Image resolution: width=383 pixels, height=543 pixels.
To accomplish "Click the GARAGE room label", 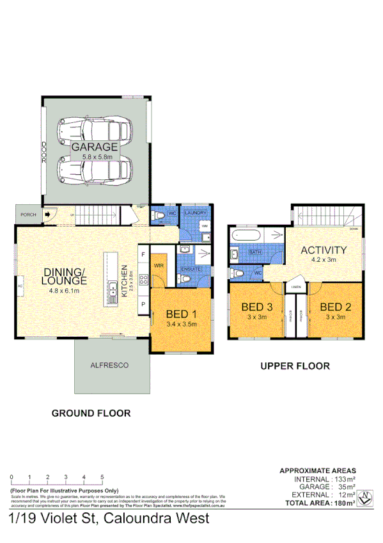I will [95, 147].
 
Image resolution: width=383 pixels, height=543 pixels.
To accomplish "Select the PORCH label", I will [27, 215].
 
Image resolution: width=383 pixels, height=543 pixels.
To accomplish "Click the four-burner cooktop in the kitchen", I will [143, 279].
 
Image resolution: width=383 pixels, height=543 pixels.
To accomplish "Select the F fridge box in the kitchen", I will [143, 254].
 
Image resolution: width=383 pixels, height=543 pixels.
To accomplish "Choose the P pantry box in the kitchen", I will [143, 304].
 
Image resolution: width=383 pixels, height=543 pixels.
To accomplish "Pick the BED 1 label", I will [181, 314].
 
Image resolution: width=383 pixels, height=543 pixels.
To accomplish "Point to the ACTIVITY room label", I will [324, 250].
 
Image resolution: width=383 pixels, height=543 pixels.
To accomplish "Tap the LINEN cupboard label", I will [295, 287].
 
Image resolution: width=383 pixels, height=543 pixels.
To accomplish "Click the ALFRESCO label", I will [112, 365].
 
